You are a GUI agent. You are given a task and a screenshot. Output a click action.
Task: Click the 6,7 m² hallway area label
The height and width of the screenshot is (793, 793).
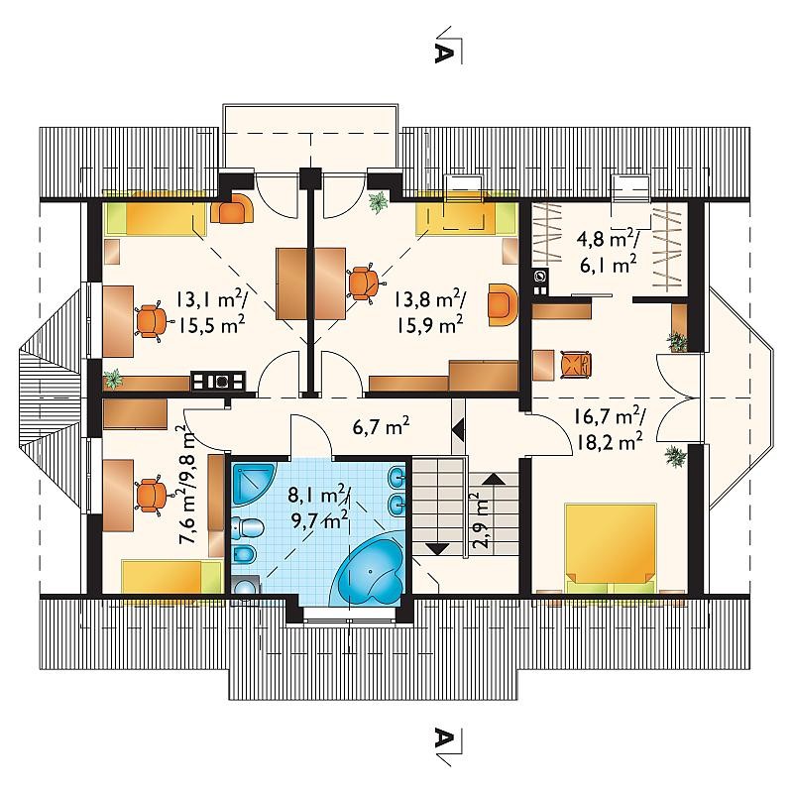click(381, 428)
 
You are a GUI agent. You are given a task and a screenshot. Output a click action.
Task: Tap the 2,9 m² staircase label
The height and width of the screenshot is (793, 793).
click(481, 521)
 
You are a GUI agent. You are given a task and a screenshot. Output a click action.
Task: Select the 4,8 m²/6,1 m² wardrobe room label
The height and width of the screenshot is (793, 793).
click(608, 253)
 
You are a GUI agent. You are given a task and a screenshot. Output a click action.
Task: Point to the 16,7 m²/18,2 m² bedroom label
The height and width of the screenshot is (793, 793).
click(609, 429)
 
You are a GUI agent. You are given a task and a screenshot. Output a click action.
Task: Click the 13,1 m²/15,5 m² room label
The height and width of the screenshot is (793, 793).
click(211, 313)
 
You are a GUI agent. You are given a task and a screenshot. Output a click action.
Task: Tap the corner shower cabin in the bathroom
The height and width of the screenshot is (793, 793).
click(253, 483)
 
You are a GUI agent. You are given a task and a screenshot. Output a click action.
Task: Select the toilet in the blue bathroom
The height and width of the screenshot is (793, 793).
click(249, 528)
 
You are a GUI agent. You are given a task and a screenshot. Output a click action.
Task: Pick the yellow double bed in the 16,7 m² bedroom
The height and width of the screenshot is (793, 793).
click(610, 548)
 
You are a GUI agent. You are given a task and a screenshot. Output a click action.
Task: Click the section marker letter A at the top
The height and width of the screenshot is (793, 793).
click(442, 52)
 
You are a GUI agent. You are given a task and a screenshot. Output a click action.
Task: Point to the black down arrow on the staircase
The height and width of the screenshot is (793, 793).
click(437, 548)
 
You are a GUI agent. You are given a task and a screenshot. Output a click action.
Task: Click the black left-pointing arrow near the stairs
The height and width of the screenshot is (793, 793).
click(458, 431)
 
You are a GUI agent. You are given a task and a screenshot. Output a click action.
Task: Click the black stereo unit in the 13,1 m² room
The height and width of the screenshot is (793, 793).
click(218, 381)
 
